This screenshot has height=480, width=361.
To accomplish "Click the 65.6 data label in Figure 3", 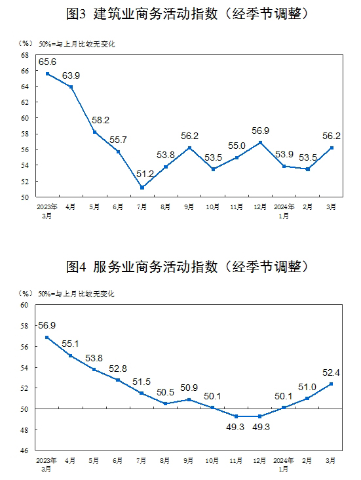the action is [x=47, y=62].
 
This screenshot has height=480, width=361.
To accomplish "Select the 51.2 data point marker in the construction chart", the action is [x=142, y=188].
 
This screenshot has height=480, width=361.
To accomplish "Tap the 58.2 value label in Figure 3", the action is [x=101, y=120].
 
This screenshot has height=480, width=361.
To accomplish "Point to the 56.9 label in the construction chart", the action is [x=260, y=130].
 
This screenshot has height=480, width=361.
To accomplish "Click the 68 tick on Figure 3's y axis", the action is [x=25, y=55].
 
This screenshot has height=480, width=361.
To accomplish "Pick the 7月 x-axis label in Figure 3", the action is [x=142, y=207].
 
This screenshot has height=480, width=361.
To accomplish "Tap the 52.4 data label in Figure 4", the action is [x=331, y=372].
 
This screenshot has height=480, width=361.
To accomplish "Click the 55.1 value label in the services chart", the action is [x=70, y=344].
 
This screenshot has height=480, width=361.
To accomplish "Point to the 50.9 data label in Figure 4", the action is [x=189, y=388].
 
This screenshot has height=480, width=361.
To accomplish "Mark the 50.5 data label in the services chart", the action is [x=165, y=392].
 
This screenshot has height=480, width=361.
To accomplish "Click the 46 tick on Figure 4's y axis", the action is [x=24, y=450].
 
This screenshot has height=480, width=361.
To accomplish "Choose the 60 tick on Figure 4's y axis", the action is [x=24, y=305].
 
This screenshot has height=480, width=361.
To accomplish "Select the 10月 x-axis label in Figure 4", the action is [x=212, y=460].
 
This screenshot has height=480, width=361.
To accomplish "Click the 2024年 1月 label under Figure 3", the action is [x=284, y=211].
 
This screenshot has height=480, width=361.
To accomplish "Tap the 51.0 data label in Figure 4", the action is [x=307, y=388].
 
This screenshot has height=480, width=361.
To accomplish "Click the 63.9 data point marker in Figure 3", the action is [x=71, y=87].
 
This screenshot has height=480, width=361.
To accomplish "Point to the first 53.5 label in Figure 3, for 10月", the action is [x=213, y=157].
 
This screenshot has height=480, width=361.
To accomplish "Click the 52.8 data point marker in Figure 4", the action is [x=118, y=380].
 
